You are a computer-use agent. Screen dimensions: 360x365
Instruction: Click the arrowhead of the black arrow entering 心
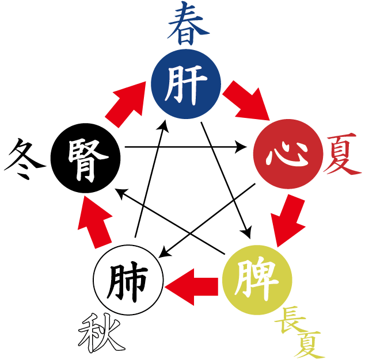tap(242, 148)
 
